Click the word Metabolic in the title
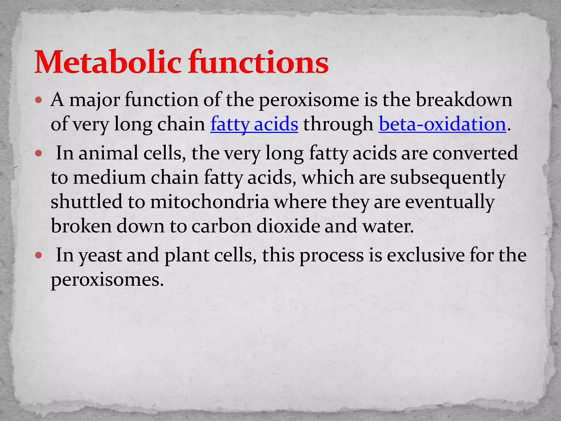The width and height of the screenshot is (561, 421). [x=108, y=62]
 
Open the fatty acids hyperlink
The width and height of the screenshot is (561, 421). [x=254, y=124]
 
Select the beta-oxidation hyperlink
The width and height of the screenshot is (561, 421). [x=442, y=124]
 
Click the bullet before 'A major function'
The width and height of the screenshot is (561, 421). [x=39, y=100]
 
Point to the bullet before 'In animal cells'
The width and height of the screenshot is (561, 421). [x=39, y=153]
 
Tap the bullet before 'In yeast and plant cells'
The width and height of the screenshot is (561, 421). [x=39, y=255]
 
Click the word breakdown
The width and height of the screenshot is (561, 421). [x=464, y=100]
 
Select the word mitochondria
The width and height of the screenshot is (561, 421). [x=209, y=202]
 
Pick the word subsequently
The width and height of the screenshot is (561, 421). [x=448, y=178]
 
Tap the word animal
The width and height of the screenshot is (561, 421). [x=108, y=153]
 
